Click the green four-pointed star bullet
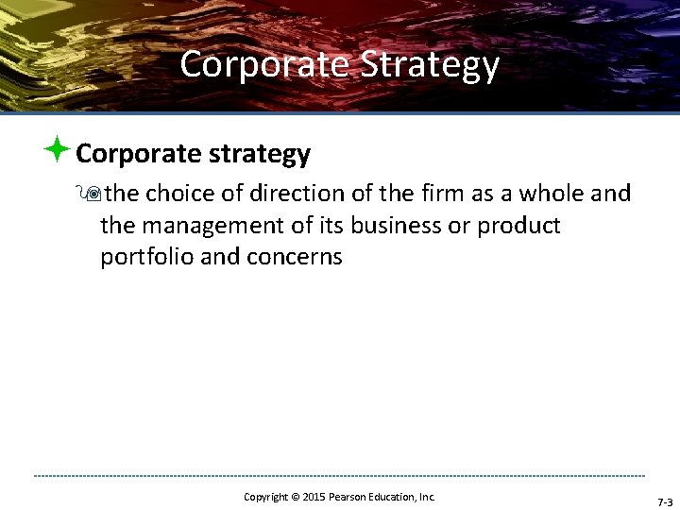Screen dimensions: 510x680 [x=56, y=149]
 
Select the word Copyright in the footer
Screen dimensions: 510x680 [x=265, y=497]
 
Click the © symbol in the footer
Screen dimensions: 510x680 [x=295, y=497]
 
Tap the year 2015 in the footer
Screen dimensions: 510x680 [x=313, y=497]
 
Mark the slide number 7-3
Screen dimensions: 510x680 [x=663, y=502]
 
